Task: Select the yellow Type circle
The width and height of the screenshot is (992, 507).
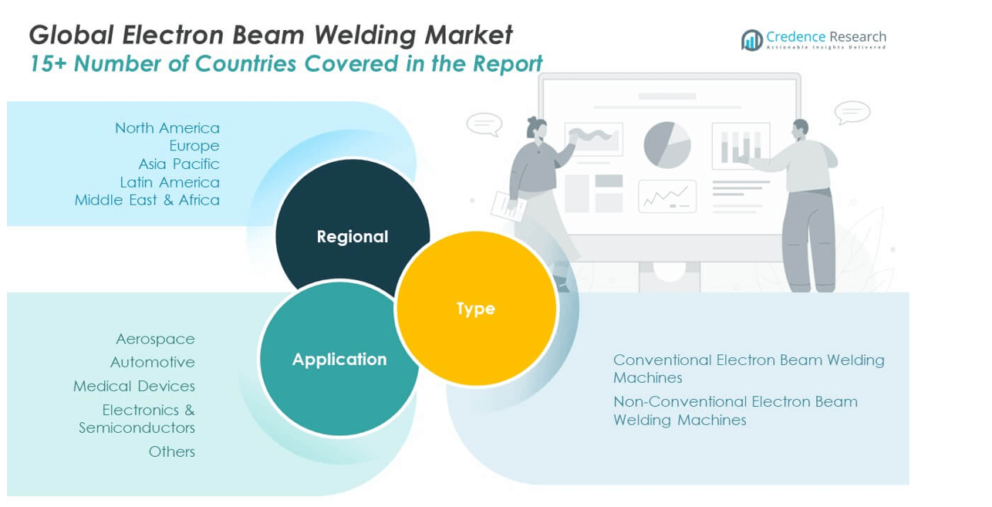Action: pyautogui.click(x=475, y=309)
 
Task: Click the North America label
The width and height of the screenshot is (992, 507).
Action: pyautogui.click(x=167, y=128)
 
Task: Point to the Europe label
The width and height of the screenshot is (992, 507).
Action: pyautogui.click(x=194, y=146)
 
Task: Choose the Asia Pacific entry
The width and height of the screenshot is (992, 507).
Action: pyautogui.click(x=179, y=164)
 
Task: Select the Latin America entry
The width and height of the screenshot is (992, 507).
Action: pyautogui.click(x=170, y=182)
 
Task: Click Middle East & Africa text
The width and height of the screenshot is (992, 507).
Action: pyautogui.click(x=147, y=200)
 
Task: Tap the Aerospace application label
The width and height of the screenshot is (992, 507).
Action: pyautogui.click(x=155, y=339)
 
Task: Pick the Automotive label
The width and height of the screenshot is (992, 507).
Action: pyautogui.click(x=152, y=362)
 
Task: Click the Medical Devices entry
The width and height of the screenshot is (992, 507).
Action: pyautogui.click(x=134, y=386)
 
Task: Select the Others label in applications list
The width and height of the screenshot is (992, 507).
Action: pyautogui.click(x=171, y=451)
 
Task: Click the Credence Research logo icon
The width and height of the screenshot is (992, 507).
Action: pyautogui.click(x=751, y=40)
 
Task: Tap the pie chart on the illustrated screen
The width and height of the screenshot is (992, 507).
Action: pyautogui.click(x=666, y=144)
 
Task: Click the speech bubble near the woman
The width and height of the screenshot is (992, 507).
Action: pyautogui.click(x=484, y=124)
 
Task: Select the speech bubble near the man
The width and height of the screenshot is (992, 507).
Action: pyautogui.click(x=852, y=113)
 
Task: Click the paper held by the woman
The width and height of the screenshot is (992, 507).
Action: pyautogui.click(x=508, y=204)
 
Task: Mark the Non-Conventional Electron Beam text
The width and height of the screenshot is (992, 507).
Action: pyautogui.click(x=734, y=402)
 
